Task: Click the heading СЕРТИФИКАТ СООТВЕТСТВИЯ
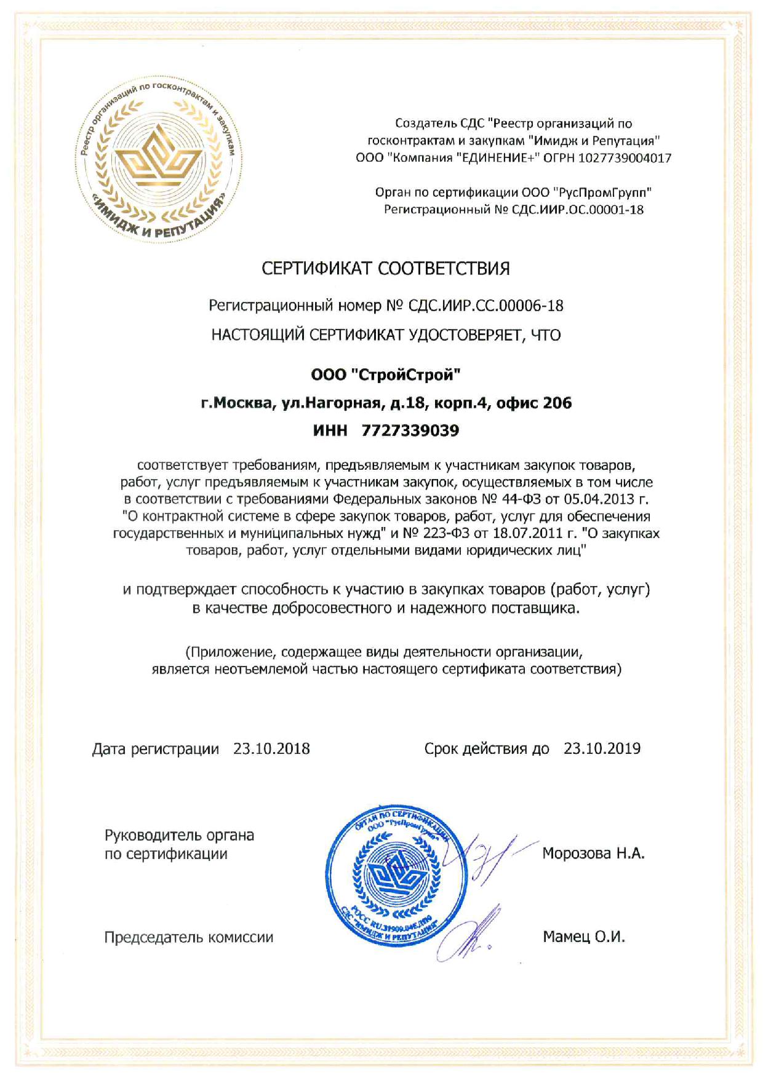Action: pos(386,269)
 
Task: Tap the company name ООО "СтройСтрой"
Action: pos(386,375)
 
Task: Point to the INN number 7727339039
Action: pos(410,430)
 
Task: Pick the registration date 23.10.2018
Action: pos(271,749)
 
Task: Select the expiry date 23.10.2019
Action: pos(602,748)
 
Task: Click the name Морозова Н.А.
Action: pos(593,853)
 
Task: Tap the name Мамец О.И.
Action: pos(583,937)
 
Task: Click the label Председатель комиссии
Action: pos(188,937)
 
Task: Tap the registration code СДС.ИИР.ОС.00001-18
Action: pos(578,210)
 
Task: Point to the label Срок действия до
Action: pos(486,749)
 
